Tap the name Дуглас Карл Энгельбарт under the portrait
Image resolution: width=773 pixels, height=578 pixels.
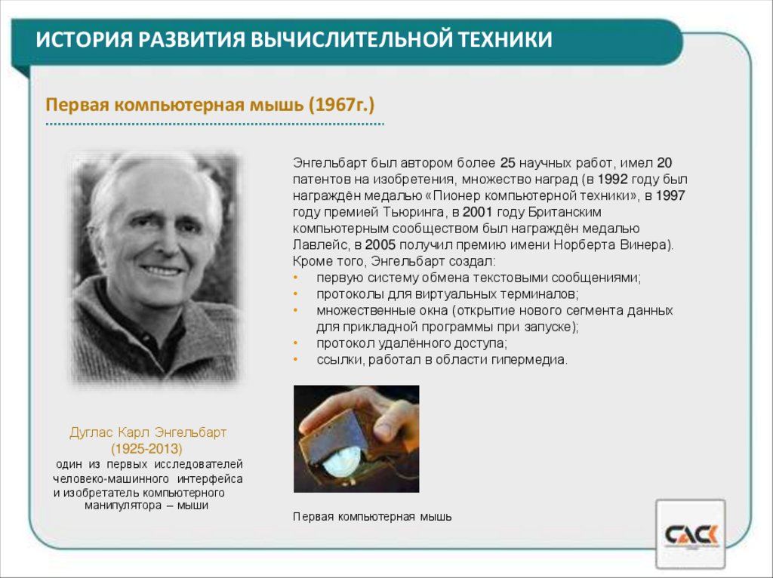tap(148, 433)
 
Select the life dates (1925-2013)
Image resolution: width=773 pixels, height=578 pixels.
tap(147, 449)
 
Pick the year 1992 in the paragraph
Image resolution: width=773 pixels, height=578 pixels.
tap(611, 180)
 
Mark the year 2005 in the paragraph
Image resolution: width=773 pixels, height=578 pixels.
tap(380, 245)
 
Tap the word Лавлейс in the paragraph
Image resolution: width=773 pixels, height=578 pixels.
tap(318, 245)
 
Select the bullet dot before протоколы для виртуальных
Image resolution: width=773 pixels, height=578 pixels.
tap(296, 294)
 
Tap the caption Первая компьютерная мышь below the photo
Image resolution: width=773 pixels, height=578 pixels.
tap(372, 517)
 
